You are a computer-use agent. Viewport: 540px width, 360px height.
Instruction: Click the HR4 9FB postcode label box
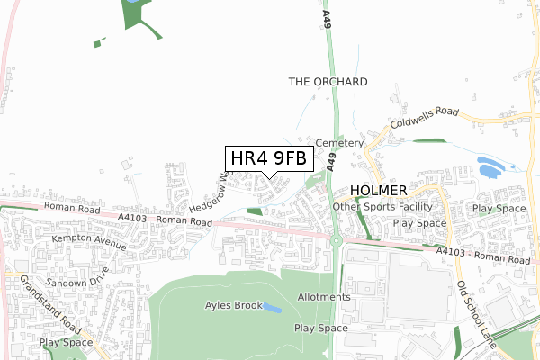coord(268,158)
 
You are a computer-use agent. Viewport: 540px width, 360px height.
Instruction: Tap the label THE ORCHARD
coord(328,82)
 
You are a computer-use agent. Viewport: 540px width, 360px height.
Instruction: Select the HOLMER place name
coord(378,191)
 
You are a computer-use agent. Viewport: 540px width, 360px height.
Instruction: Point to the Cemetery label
coord(339,143)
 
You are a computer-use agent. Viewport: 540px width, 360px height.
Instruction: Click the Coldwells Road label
coord(423,121)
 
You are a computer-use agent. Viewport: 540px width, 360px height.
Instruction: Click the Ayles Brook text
coord(233,305)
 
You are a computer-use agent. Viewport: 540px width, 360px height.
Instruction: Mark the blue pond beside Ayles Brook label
coord(273,309)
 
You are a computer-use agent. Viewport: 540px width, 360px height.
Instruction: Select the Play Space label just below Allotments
coord(320,328)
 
